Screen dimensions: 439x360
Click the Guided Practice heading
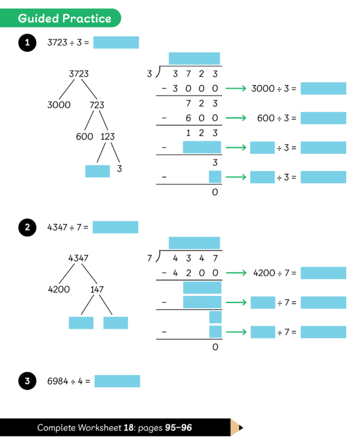pyautogui.click(x=64, y=18)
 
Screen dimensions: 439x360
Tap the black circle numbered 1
pyautogui.click(x=26, y=43)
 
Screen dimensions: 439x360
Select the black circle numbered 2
pyautogui.click(x=26, y=228)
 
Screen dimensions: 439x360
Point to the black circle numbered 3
pyautogui.click(x=26, y=382)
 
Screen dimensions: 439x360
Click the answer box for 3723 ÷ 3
pyautogui.click(x=116, y=43)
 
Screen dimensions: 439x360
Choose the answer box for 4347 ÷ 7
pyautogui.click(x=116, y=227)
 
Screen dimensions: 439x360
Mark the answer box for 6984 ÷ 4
pyautogui.click(x=117, y=381)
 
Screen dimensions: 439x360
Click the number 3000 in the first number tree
pyautogui.click(x=59, y=105)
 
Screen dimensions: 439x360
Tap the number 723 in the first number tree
pyautogui.click(x=97, y=105)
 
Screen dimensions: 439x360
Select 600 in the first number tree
pyautogui.click(x=85, y=137)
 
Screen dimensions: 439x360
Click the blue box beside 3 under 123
pyautogui.click(x=97, y=171)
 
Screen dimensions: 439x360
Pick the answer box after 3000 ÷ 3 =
pyautogui.click(x=323, y=89)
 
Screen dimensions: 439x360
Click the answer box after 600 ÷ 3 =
pyautogui.click(x=323, y=118)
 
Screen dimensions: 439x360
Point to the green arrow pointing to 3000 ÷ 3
pyautogui.click(x=235, y=89)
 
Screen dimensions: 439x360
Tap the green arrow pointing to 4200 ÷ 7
pyautogui.click(x=235, y=273)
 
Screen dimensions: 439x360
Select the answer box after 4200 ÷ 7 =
pyautogui.click(x=323, y=273)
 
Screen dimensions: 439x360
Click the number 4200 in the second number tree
pyautogui.click(x=59, y=289)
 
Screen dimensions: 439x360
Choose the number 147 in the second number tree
pyautogui.click(x=97, y=289)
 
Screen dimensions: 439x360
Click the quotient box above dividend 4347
pyautogui.click(x=194, y=243)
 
